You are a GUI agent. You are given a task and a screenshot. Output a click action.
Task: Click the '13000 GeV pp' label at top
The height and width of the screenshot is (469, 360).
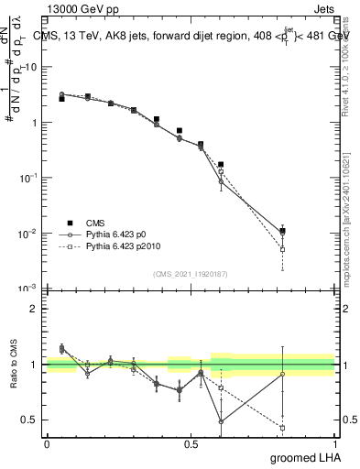[x=79, y=8]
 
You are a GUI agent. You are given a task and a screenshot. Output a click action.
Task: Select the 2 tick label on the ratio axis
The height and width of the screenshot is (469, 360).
[x=33, y=309]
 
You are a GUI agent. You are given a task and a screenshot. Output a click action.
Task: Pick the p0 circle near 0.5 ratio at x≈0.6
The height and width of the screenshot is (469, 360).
[x=221, y=421]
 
